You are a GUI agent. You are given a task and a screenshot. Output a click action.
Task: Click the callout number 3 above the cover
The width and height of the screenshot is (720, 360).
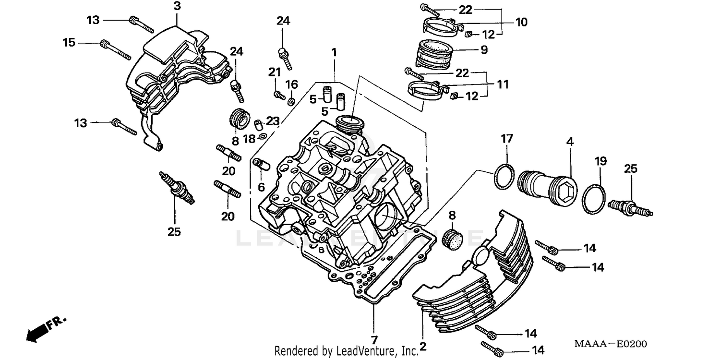[177, 6]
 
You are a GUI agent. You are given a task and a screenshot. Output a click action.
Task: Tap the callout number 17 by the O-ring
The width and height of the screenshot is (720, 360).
[507, 139]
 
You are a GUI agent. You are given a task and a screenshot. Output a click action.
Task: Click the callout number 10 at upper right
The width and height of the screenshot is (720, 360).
[521, 22]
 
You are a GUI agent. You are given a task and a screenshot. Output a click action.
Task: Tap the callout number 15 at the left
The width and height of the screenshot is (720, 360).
[69, 43]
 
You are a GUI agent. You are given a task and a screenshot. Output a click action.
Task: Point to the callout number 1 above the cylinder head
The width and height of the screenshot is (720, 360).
[334, 51]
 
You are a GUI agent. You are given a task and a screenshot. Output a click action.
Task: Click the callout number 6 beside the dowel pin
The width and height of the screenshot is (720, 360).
[261, 186]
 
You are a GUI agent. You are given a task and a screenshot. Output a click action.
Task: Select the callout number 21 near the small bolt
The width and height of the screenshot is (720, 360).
[274, 72]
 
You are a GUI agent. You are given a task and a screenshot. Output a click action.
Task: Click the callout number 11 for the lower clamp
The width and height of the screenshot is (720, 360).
[502, 84]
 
